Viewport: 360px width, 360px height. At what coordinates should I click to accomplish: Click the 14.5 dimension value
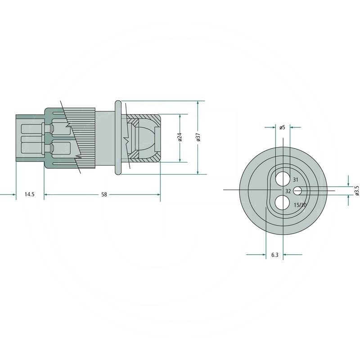click(x=29, y=194)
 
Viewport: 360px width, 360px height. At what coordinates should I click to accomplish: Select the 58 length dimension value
click(x=104, y=194)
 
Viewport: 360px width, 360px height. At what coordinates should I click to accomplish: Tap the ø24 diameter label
click(x=180, y=137)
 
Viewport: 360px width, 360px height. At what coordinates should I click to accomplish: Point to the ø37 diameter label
click(x=198, y=137)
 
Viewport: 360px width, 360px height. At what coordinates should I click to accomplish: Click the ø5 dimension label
click(x=283, y=127)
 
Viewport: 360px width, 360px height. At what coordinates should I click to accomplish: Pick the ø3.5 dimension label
click(x=357, y=190)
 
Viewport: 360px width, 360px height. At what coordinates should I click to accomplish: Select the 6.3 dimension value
click(x=274, y=255)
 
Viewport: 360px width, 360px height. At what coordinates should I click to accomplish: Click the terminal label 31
click(x=296, y=180)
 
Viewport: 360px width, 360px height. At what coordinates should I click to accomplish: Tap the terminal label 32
click(x=288, y=191)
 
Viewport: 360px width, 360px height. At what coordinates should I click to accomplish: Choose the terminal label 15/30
click(x=300, y=205)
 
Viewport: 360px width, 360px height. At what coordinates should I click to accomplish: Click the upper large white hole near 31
click(x=283, y=179)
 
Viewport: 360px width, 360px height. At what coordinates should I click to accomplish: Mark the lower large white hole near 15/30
click(x=282, y=202)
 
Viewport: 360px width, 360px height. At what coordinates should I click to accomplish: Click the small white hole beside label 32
click(x=298, y=190)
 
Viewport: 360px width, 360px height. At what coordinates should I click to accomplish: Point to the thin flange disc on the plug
click(x=118, y=137)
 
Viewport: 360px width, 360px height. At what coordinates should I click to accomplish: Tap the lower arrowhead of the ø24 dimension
click(x=180, y=160)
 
